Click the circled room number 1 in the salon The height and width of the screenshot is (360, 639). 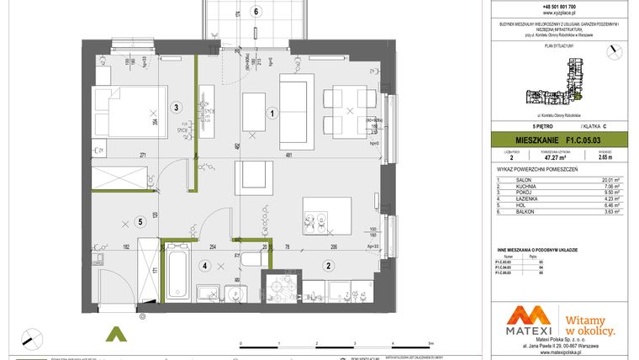272,112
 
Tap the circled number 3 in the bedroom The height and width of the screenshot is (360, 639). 177,107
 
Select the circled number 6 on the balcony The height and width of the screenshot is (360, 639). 256,11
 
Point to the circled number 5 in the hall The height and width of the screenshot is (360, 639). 140,222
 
